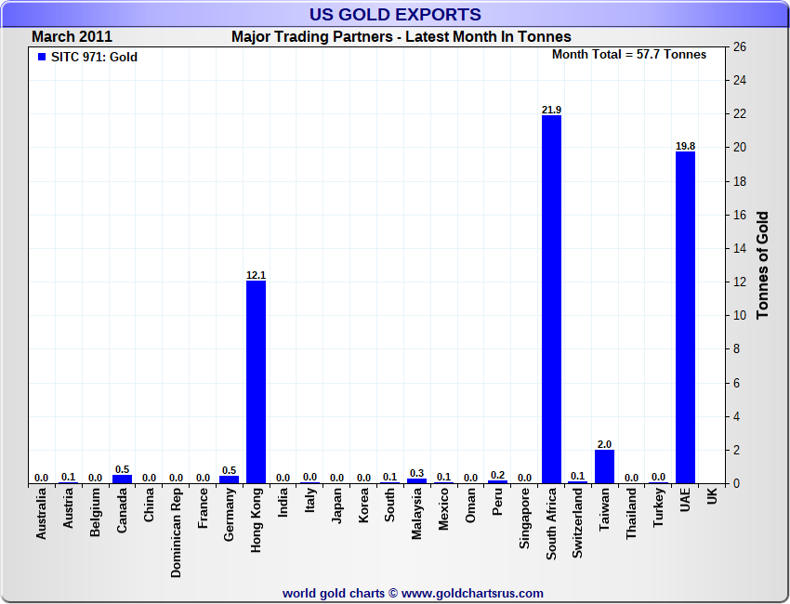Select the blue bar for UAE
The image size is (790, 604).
pos(685,317)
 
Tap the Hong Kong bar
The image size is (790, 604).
pos(257,382)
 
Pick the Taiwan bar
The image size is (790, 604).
pos(605,466)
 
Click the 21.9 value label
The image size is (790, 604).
pos(552,110)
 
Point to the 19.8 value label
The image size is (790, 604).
pos(685,146)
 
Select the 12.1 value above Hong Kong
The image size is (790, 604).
pos(257,275)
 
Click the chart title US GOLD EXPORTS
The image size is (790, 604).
pos(395,14)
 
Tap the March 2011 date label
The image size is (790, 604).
pos(72,37)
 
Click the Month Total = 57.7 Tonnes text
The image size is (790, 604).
pos(629,55)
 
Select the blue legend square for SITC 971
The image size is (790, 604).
pos(42,57)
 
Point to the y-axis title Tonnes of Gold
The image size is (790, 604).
pos(763,266)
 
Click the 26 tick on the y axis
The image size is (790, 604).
pos(741,46)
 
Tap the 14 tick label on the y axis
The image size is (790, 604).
pos(741,248)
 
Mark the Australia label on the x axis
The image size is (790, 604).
pos(42,515)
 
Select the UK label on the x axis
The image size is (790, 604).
pos(712,498)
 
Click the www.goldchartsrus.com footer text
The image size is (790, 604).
pos(472,593)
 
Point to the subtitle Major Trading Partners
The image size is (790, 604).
pos(401,37)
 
